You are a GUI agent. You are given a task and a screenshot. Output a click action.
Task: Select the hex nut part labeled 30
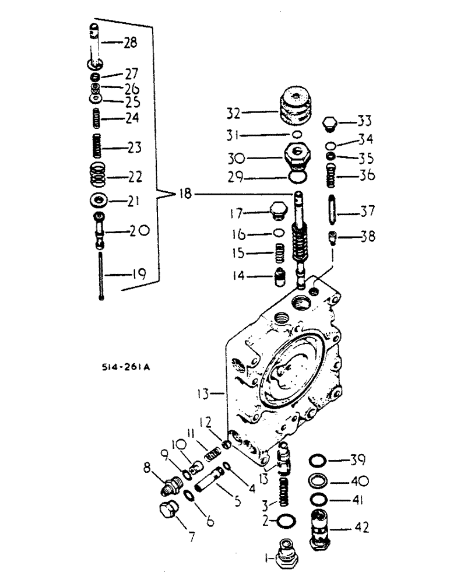(x=297, y=156)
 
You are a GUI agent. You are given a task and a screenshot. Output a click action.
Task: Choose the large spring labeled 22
(x=98, y=174)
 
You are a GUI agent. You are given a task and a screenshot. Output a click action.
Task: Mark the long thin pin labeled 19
(x=101, y=274)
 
